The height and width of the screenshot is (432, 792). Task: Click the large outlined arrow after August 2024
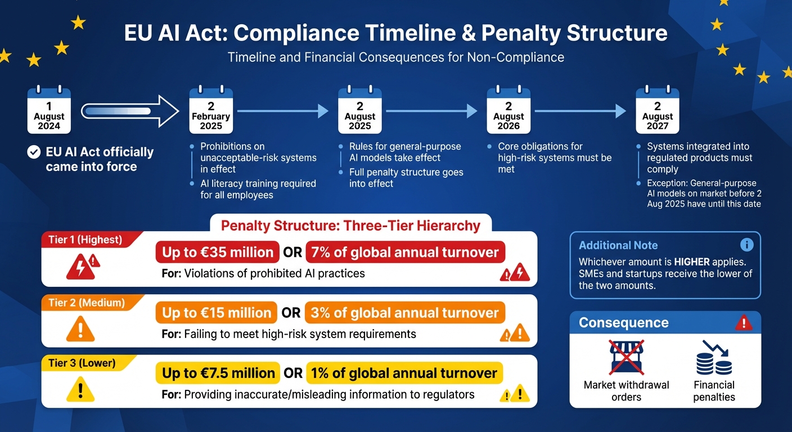click(129, 111)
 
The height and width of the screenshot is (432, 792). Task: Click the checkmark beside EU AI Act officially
click(34, 152)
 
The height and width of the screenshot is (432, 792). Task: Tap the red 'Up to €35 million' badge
click(218, 253)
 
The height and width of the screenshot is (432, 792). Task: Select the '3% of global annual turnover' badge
click(405, 313)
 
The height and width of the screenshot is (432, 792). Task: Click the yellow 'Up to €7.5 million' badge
click(218, 373)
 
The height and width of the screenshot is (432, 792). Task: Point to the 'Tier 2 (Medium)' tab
click(85, 303)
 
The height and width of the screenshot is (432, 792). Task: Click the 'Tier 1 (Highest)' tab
click(85, 240)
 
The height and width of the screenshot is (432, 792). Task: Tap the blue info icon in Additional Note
click(746, 245)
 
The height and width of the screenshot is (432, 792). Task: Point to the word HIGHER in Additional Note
click(693, 262)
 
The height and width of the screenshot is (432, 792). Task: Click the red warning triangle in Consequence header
click(744, 323)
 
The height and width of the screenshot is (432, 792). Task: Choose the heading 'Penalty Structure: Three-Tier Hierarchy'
click(350, 226)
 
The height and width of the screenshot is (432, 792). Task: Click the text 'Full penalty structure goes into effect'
click(406, 178)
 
